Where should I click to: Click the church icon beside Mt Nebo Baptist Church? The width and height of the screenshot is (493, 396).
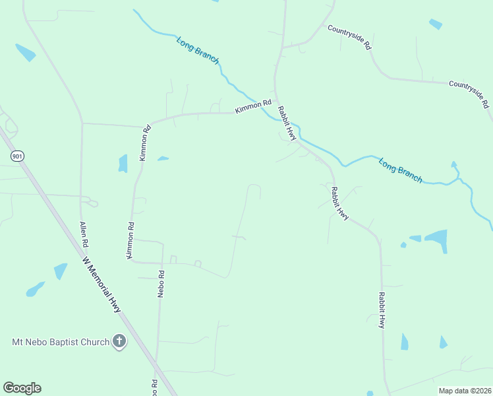[x=119, y=341]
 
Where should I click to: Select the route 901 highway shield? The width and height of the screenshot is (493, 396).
[x=16, y=156]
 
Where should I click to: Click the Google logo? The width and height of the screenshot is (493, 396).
[x=22, y=388]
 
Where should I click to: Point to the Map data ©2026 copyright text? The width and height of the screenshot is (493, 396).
[x=464, y=391]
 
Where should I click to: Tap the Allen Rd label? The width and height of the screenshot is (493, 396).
[x=84, y=234]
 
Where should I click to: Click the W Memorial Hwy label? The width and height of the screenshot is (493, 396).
[x=103, y=284]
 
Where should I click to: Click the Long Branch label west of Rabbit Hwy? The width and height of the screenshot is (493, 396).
[x=198, y=50]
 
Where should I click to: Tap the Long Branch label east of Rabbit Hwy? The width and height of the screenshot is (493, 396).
[x=400, y=170]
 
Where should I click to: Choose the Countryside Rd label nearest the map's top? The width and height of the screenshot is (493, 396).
[x=350, y=38]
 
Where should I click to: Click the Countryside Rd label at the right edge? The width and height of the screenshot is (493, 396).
[x=469, y=94]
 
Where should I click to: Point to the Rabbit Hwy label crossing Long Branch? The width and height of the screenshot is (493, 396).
[x=287, y=122]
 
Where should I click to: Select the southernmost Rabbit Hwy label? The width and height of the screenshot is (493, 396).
[x=382, y=310]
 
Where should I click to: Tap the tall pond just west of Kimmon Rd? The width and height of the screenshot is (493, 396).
[x=123, y=163]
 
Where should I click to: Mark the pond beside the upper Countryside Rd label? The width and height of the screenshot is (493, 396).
[x=435, y=24]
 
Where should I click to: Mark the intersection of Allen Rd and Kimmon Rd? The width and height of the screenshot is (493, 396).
[x=82, y=123]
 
